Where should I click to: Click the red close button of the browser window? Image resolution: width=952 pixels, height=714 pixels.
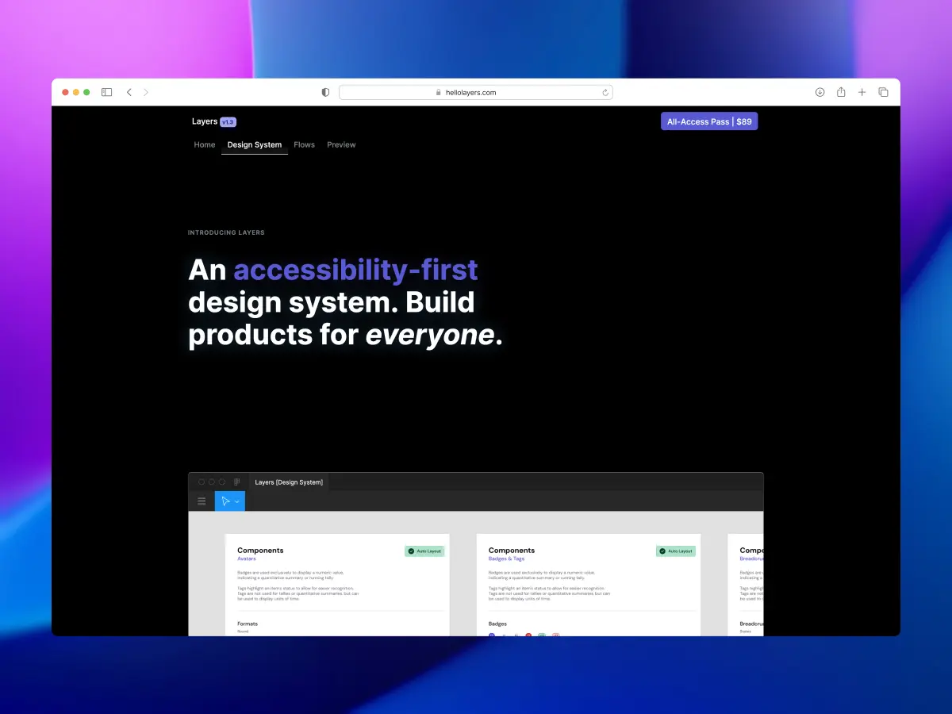(x=65, y=93)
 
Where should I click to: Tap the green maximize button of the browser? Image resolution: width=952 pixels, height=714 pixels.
(x=86, y=93)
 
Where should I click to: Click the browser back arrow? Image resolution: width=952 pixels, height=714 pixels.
(x=129, y=93)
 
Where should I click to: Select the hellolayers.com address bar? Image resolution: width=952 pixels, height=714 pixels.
(x=475, y=93)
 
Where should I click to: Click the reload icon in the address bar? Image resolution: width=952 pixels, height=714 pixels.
(x=605, y=93)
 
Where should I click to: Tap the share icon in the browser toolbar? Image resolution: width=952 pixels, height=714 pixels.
(x=841, y=93)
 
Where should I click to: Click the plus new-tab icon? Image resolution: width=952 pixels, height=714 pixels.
(x=862, y=93)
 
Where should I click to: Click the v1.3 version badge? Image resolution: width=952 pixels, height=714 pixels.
(x=228, y=122)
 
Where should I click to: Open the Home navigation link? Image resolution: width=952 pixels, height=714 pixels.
(x=205, y=145)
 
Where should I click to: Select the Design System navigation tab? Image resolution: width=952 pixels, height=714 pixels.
(x=255, y=145)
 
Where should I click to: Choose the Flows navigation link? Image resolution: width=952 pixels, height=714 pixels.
(x=304, y=145)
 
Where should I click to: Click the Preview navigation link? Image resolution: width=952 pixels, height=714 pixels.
(x=341, y=145)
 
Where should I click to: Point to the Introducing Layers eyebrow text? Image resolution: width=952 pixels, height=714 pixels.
(x=226, y=232)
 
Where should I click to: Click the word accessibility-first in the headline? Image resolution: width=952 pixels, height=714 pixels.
(x=355, y=271)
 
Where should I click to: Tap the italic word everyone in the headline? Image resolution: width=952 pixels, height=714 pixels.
(x=429, y=335)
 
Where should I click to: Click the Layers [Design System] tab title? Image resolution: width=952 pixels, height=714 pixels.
(x=289, y=482)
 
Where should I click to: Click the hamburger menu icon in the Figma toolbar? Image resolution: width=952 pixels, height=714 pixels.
(x=202, y=501)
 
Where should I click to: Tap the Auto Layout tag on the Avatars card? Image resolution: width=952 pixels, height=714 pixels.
(x=424, y=551)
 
